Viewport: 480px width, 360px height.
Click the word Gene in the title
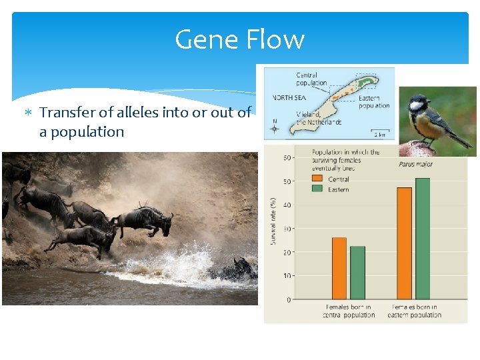click(204, 40)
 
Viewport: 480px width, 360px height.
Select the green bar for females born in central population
click(357, 273)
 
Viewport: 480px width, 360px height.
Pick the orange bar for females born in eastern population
click(404, 243)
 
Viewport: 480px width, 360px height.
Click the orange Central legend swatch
click(319, 179)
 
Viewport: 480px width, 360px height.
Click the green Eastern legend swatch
click(319, 189)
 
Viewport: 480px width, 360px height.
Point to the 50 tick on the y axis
click(287, 181)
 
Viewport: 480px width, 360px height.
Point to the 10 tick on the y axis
click(287, 276)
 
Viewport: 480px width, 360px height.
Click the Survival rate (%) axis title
click(273, 220)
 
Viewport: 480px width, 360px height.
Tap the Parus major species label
click(415, 164)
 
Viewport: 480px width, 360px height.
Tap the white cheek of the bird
click(417, 105)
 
